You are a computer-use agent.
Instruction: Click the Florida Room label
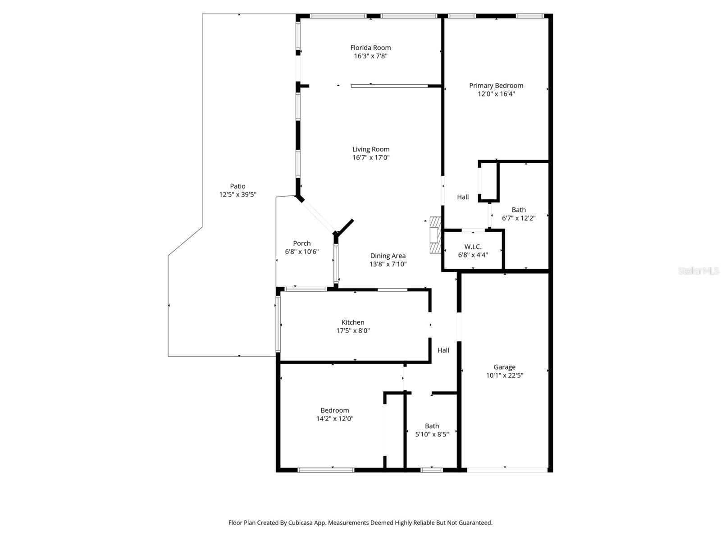370,47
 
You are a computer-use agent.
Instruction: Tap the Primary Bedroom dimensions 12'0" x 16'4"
496,94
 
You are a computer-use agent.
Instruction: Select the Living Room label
370,149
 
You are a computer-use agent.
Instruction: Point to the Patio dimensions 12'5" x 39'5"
237,194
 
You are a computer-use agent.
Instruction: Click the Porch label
301,243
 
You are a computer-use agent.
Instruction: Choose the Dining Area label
388,256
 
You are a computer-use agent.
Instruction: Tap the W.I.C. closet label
473,247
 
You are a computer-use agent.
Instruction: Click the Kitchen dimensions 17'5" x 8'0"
353,330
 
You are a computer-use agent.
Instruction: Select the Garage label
504,367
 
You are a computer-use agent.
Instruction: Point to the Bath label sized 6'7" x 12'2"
519,210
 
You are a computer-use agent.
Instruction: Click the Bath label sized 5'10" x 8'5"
432,426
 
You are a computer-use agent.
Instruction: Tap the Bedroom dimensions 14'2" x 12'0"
334,418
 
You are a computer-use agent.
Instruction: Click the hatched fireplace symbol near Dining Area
435,235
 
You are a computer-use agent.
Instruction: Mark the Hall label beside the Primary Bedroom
463,197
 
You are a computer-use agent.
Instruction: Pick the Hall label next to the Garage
443,350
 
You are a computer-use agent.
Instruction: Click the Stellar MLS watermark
698,270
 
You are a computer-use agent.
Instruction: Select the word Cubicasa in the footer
311,523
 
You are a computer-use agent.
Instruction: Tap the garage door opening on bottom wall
507,470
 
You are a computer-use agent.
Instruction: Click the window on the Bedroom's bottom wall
326,470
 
